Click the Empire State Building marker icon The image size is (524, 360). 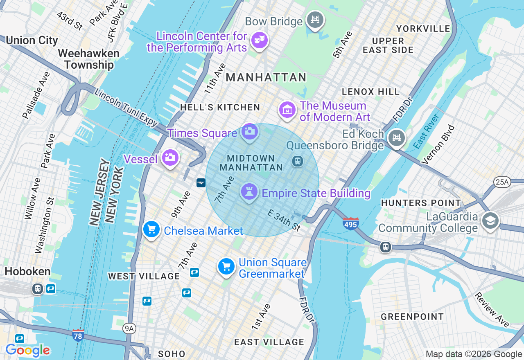(249, 191)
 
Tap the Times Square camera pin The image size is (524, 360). (249, 132)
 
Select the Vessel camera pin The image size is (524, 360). (169, 157)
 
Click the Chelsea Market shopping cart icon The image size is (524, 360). (151, 229)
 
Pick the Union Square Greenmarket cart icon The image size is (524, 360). (226, 266)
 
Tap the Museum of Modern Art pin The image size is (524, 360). (288, 110)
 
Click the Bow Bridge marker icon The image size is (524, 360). (315, 20)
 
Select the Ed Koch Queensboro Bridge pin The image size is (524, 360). (396, 138)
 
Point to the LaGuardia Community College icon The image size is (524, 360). (490, 221)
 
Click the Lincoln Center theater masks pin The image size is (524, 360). (260, 40)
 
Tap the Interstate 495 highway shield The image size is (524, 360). (351, 223)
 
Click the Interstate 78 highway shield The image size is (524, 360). (78, 335)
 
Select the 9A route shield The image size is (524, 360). (129, 328)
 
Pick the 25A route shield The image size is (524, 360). (502, 182)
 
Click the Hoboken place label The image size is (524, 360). (28, 271)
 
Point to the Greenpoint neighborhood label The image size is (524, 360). (412, 317)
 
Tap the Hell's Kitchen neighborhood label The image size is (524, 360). (220, 107)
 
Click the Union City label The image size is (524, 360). (32, 40)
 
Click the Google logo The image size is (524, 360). (28, 350)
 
